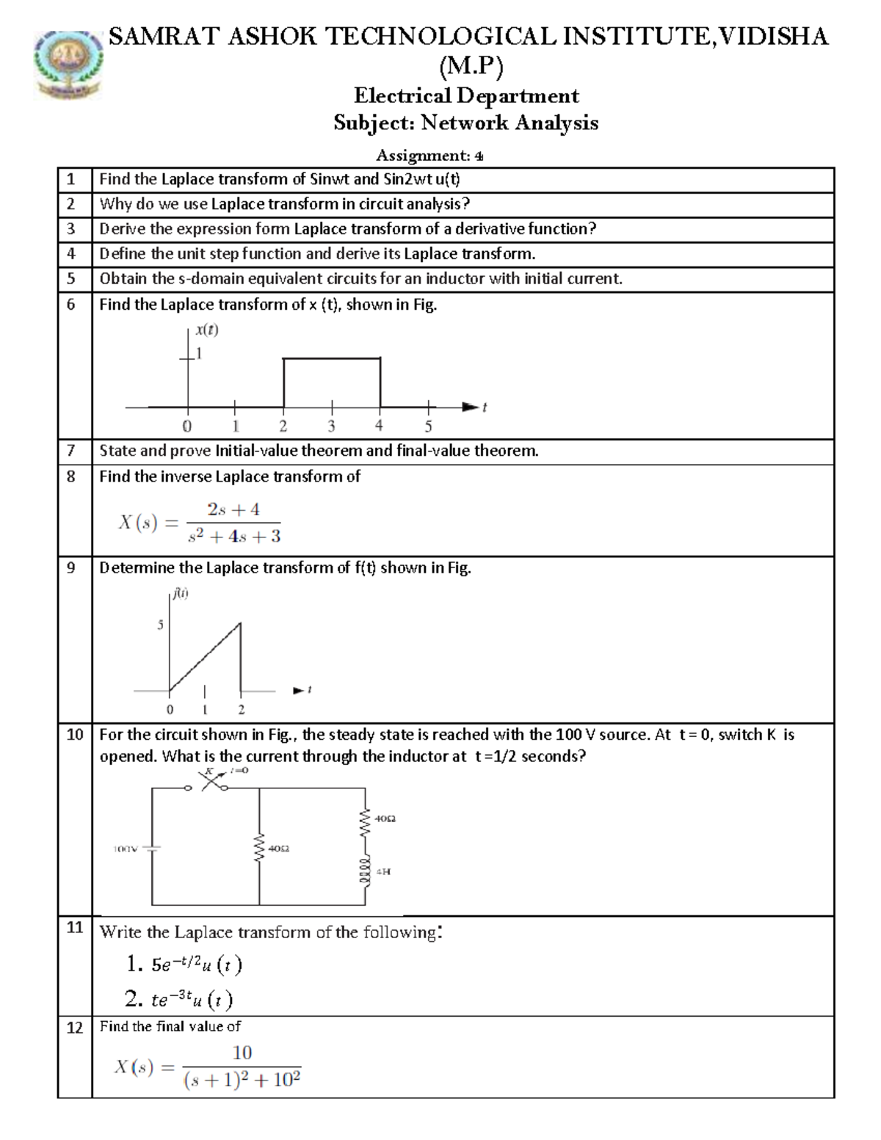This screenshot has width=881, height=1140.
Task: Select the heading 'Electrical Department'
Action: coord(466,95)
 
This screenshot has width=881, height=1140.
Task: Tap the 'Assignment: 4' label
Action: coord(429,155)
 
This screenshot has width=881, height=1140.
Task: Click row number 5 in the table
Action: coord(71,279)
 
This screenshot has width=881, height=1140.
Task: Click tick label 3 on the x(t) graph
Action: coord(331,426)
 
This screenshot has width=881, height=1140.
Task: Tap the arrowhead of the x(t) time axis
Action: coord(470,406)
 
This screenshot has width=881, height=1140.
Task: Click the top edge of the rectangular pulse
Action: coord(332,358)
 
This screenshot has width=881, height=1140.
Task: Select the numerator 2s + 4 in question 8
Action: coord(233,509)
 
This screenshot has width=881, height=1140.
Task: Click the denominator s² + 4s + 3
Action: coord(234,537)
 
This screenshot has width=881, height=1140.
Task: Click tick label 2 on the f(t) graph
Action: coord(241,710)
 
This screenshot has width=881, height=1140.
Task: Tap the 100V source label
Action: coord(125,849)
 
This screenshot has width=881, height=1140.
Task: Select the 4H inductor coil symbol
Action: coord(364,872)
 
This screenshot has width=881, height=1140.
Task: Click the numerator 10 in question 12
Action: coord(242,1053)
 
